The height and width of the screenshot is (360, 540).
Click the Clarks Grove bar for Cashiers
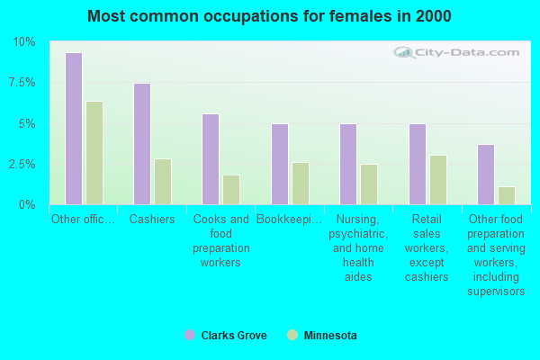coord(141,144)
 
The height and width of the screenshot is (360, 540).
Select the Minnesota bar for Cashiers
coord(163,182)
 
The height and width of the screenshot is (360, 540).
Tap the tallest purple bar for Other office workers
coord(73,129)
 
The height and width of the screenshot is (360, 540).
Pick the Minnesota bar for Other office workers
coord(94,153)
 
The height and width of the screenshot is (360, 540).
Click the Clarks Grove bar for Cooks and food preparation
coord(211,159)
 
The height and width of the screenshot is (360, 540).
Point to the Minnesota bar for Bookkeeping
coord(301,184)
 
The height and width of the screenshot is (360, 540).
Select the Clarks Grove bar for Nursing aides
coord(348,165)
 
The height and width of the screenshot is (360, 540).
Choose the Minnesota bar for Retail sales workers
coord(438,180)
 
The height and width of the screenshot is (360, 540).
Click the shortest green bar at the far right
coord(507,195)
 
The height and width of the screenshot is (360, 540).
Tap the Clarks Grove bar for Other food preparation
coord(486,175)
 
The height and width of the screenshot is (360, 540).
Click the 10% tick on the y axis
coord(24,42)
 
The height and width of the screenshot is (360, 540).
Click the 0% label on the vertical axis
coord(28,205)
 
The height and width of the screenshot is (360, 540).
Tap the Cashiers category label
coord(152,219)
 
